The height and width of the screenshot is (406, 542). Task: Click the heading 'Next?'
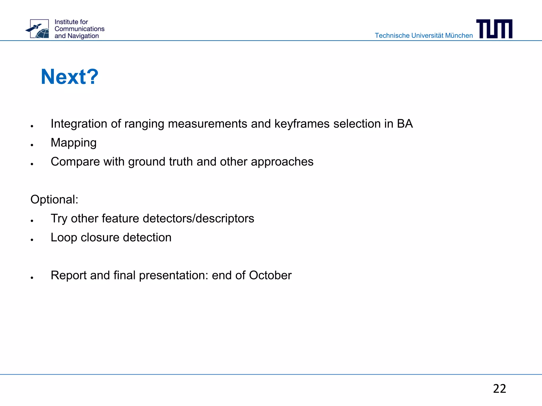click(x=70, y=77)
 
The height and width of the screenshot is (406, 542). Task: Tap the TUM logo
click(x=494, y=29)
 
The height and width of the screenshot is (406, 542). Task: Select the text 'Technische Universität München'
click(x=424, y=36)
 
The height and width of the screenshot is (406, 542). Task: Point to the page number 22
click(x=499, y=389)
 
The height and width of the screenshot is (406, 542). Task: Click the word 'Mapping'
click(x=74, y=143)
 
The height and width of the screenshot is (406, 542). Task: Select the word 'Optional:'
click(x=54, y=199)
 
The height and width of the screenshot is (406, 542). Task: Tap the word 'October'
click(x=270, y=275)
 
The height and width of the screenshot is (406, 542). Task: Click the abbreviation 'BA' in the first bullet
click(x=405, y=124)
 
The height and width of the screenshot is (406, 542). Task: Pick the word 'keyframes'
click(x=302, y=124)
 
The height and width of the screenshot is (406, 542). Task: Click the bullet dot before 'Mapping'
click(x=32, y=145)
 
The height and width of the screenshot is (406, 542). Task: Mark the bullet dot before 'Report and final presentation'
click(x=32, y=278)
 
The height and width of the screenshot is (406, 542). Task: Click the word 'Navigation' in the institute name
click(x=83, y=36)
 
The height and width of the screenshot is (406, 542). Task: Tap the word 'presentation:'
click(x=174, y=275)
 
